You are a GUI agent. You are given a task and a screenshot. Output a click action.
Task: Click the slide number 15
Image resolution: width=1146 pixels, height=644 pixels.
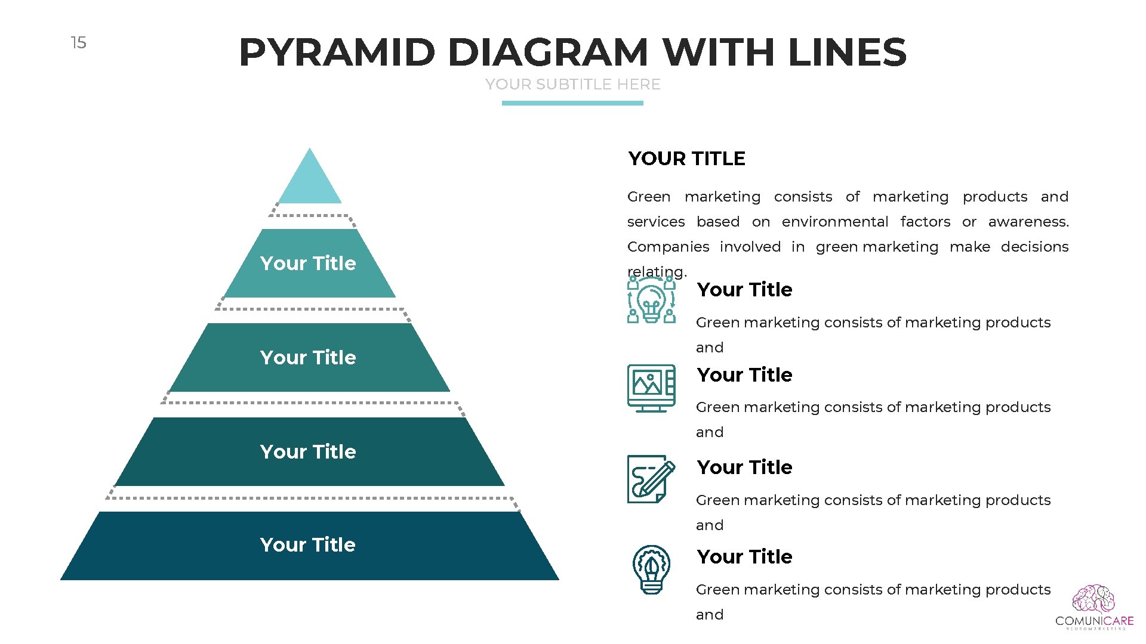[x=78, y=43]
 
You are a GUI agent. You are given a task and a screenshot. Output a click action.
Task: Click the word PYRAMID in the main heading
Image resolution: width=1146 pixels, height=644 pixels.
[x=337, y=52]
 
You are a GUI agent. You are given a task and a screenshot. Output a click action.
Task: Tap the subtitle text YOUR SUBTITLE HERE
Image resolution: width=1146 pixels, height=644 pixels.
[x=572, y=85]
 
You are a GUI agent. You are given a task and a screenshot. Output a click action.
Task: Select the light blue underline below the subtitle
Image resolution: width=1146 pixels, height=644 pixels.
[x=572, y=103]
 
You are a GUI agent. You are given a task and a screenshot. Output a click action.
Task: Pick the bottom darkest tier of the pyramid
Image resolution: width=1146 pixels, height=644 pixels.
[x=309, y=546]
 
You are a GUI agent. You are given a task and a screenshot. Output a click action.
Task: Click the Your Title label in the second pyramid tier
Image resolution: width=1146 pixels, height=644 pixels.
[x=308, y=264]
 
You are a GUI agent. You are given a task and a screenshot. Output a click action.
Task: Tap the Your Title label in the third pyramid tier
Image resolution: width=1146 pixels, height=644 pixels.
[x=308, y=358]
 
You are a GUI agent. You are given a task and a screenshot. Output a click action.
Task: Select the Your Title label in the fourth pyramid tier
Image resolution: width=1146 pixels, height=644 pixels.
[x=308, y=452]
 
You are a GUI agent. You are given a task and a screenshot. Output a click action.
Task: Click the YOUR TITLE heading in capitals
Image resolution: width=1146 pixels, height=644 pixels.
[x=686, y=159]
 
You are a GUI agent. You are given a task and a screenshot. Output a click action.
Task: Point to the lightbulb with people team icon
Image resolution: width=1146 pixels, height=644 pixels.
[x=651, y=300]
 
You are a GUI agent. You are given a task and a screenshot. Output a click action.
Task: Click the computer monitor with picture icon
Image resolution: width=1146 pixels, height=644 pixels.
[x=651, y=388]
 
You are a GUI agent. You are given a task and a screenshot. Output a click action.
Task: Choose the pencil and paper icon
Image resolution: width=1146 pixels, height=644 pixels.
[x=651, y=479]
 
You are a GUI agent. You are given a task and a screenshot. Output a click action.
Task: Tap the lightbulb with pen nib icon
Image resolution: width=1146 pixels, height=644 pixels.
[x=651, y=569]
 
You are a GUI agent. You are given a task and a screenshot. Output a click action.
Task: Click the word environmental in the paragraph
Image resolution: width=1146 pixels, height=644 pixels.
[x=834, y=222]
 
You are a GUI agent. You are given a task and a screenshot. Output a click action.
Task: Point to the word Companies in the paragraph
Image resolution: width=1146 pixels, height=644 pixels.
[x=668, y=247]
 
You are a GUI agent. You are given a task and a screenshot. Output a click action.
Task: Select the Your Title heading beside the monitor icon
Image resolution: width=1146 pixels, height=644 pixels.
[x=744, y=375]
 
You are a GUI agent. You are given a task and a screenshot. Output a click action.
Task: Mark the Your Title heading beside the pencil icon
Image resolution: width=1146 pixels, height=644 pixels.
[x=744, y=467]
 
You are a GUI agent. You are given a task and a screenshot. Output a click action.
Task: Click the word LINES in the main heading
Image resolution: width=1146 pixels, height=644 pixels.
[x=848, y=52]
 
